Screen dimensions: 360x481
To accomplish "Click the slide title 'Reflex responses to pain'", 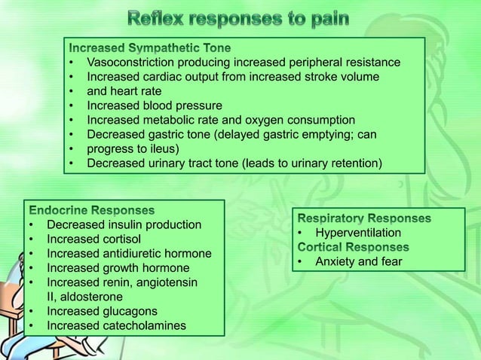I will [240, 17].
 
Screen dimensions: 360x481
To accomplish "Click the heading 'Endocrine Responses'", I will [91, 210].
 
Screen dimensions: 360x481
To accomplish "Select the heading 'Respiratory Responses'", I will [365, 218].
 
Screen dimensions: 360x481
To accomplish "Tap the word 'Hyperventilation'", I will [358, 233].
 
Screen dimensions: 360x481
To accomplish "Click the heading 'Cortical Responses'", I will [353, 247].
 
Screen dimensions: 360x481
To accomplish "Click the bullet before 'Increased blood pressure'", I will [72, 105].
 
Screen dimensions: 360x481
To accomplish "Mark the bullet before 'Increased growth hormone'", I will [32, 268].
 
